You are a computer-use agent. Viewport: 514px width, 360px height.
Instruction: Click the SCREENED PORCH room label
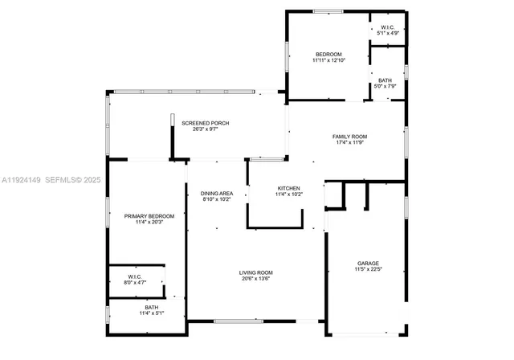pos(206,123)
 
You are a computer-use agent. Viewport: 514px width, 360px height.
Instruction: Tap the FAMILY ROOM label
pos(349,137)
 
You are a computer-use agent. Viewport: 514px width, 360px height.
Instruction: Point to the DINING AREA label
pos(217,193)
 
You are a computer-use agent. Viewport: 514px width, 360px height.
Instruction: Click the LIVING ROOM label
pos(255,272)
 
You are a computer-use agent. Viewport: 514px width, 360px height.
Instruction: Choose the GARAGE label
pos(368,263)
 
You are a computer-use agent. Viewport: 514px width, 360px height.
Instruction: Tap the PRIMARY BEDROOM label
pos(144,216)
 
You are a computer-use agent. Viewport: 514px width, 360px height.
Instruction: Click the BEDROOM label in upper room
pos(328,54)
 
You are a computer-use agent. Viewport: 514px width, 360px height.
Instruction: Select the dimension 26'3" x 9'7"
pos(206,129)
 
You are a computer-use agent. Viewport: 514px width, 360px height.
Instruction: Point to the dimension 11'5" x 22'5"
pos(368,269)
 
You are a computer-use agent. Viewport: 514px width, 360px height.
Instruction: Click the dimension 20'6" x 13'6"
pos(255,279)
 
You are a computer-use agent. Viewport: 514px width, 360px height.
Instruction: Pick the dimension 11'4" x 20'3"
pos(144,223)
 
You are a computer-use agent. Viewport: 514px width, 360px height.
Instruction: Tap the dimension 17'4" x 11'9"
pos(349,143)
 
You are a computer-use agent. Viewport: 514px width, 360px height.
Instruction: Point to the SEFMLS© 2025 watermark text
pos(72,181)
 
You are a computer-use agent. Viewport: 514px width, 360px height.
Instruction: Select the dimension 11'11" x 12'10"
pos(328,60)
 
